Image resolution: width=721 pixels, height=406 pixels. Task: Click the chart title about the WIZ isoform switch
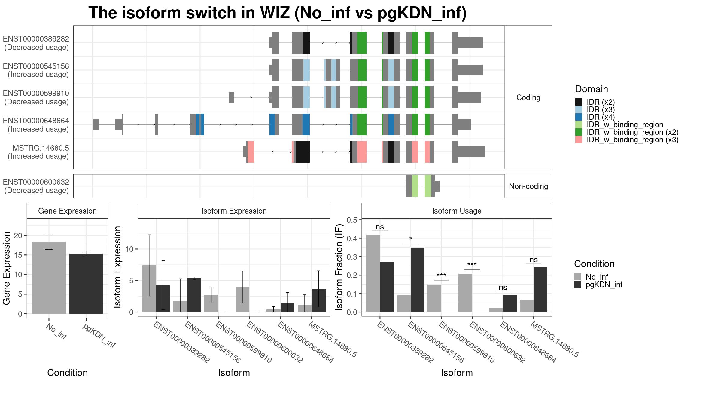tap(278, 13)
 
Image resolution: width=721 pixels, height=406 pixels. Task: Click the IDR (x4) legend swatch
tap(578, 117)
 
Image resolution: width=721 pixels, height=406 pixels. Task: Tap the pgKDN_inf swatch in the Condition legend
tap(577, 285)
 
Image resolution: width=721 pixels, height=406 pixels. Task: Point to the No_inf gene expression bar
tap(49, 278)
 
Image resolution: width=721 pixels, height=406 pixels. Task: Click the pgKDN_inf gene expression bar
tap(86, 284)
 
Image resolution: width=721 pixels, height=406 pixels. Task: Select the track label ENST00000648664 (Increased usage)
tap(36, 125)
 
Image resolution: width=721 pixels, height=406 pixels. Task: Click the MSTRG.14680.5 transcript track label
tap(38, 152)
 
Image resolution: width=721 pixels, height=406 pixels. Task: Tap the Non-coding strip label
tap(528, 186)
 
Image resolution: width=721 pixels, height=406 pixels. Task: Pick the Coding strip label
tap(528, 97)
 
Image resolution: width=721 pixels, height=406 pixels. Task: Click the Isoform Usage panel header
tap(457, 211)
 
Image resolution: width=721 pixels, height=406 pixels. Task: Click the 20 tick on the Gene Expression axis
tap(18, 235)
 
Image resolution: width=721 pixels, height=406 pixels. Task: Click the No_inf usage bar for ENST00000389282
tap(373, 273)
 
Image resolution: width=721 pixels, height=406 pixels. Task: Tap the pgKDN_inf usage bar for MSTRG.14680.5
tap(540, 290)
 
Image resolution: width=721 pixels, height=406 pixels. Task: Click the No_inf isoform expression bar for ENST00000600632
tap(242, 300)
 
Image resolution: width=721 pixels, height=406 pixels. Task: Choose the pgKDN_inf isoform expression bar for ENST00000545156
tap(194, 295)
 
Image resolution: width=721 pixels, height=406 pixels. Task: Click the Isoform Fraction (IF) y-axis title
tap(339, 267)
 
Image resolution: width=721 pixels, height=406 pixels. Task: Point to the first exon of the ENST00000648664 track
tap(96, 125)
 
